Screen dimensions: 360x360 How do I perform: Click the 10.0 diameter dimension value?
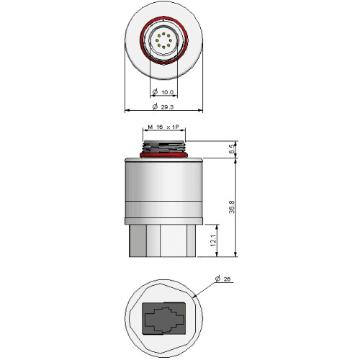point(168,92)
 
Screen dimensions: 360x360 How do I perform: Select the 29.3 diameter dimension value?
point(170,107)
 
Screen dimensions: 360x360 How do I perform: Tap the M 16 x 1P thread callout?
point(166,126)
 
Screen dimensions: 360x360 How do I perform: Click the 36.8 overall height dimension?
point(232,207)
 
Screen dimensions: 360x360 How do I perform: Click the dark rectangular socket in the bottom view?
point(165,318)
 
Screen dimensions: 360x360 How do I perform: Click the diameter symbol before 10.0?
point(156,92)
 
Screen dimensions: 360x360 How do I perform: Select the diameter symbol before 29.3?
point(156,107)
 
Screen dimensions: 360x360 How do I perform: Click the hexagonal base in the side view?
point(163,239)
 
